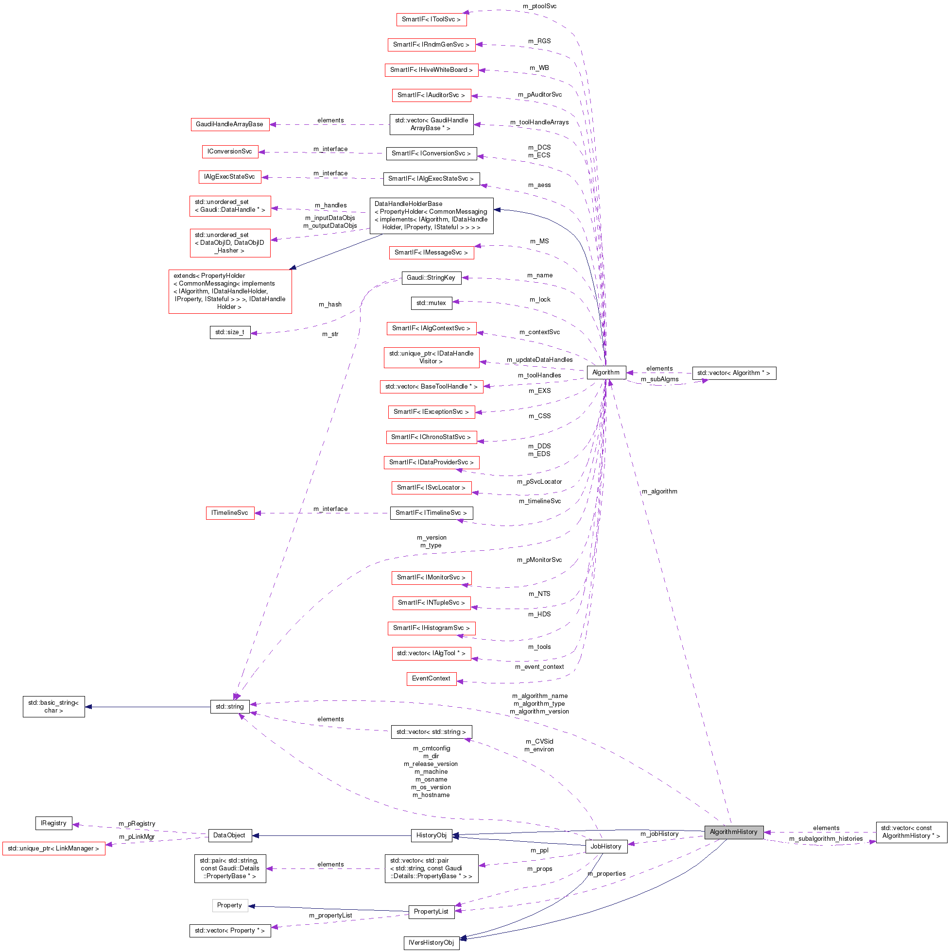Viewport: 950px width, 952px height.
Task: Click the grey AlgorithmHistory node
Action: (733, 832)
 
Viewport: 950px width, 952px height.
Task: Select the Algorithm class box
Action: (605, 373)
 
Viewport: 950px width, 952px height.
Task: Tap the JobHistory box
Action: (605, 847)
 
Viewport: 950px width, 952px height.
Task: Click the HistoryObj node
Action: (431, 835)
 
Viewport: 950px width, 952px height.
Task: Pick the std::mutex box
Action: (431, 303)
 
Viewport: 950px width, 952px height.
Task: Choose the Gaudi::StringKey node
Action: (431, 278)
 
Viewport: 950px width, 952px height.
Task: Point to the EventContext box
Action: (431, 679)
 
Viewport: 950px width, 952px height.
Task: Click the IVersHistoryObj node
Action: (431, 943)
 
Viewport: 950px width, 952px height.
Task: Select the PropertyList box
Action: (431, 912)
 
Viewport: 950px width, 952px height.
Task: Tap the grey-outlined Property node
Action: (229, 905)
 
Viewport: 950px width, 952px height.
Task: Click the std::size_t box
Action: (229, 332)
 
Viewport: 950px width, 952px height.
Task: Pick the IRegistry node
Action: (53, 823)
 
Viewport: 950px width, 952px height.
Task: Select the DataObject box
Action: (229, 835)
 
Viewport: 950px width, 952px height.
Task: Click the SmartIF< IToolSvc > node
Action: (431, 19)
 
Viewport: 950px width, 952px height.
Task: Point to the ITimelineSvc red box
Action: (229, 513)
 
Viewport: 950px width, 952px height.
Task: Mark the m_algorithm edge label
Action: (659, 491)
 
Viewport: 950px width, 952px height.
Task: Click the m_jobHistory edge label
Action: (659, 834)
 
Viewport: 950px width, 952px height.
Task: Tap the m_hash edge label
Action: (330, 305)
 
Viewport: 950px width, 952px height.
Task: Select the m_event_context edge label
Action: (539, 667)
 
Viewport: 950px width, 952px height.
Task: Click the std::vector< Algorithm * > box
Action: (733, 373)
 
